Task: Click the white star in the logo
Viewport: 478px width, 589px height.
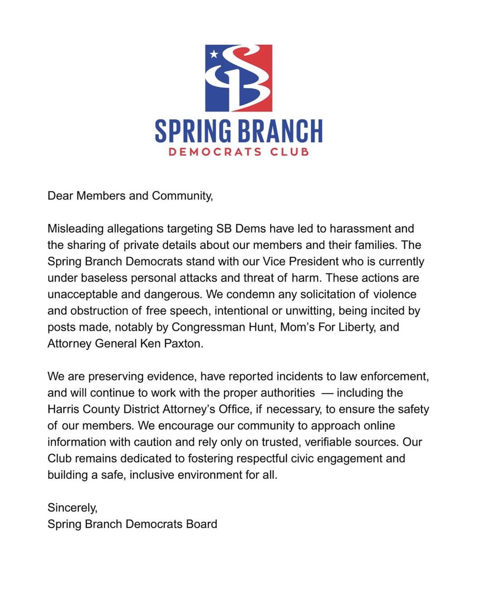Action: [x=213, y=54]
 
